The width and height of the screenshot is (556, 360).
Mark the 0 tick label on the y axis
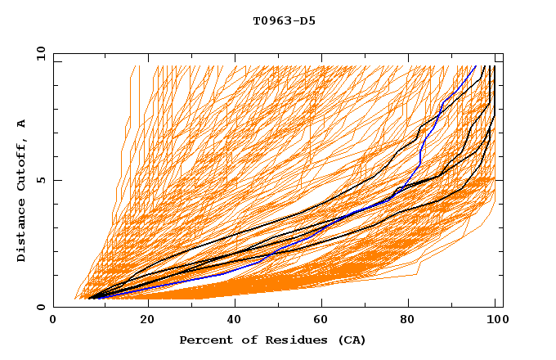(x=40, y=307)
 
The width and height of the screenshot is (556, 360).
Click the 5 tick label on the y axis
(x=40, y=180)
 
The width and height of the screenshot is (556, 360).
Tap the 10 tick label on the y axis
(x=38, y=53)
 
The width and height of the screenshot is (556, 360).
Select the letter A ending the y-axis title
(x=22, y=123)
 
